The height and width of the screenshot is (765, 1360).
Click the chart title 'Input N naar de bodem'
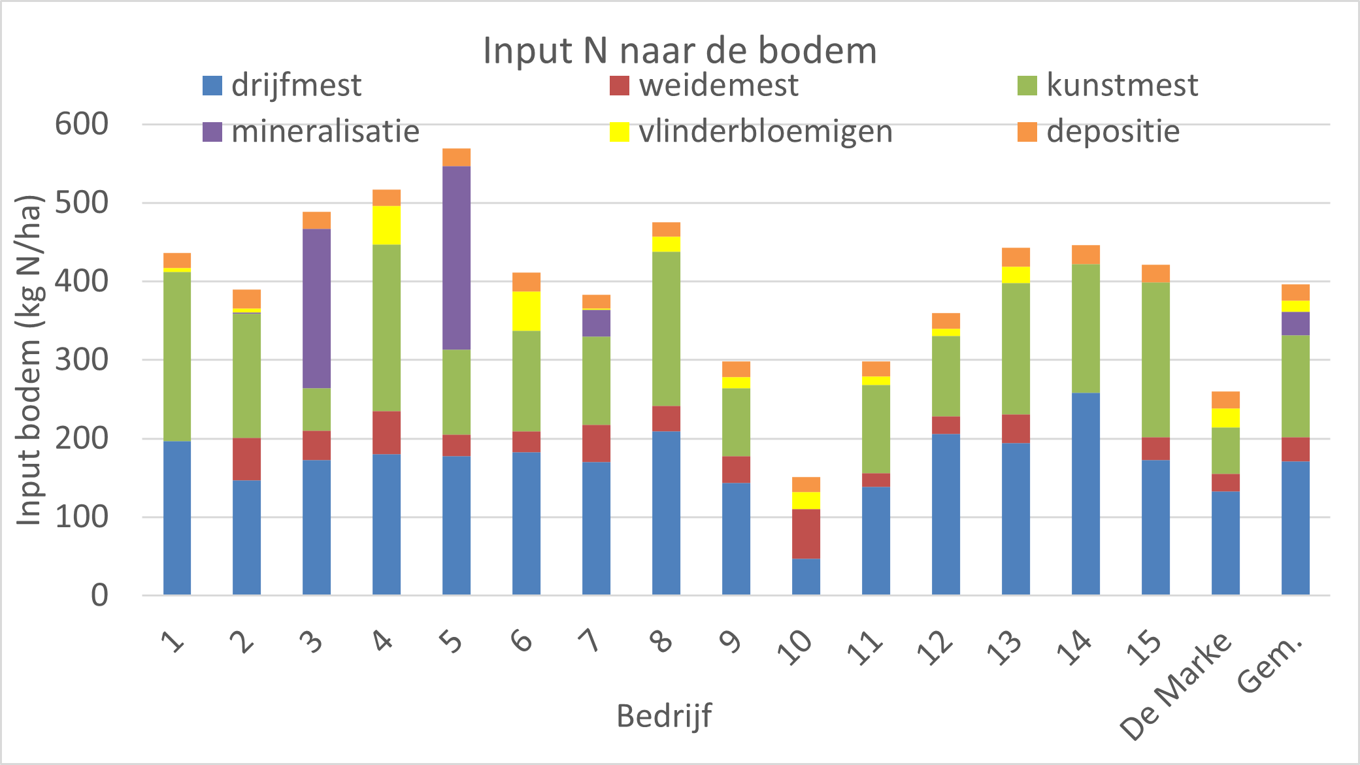(x=680, y=50)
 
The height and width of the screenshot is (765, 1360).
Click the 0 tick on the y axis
(x=99, y=595)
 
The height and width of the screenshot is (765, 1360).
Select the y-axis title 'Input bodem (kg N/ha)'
(x=29, y=359)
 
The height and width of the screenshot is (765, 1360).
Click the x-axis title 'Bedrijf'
(x=664, y=716)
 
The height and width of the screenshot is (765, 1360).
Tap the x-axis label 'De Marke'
(x=1176, y=686)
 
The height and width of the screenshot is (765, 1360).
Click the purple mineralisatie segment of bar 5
(x=456, y=258)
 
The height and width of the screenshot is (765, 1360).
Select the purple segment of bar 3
(x=316, y=308)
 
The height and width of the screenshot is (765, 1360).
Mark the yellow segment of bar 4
(x=386, y=225)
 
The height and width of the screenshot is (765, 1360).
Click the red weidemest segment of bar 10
(x=806, y=534)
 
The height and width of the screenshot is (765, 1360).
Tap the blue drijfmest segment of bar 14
(x=1086, y=493)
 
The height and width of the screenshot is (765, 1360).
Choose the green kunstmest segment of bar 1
(x=177, y=357)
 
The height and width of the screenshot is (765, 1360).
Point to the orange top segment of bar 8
(x=666, y=229)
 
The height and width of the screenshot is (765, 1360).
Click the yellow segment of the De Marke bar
(x=1225, y=418)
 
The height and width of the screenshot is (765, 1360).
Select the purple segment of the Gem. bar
(x=1295, y=323)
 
